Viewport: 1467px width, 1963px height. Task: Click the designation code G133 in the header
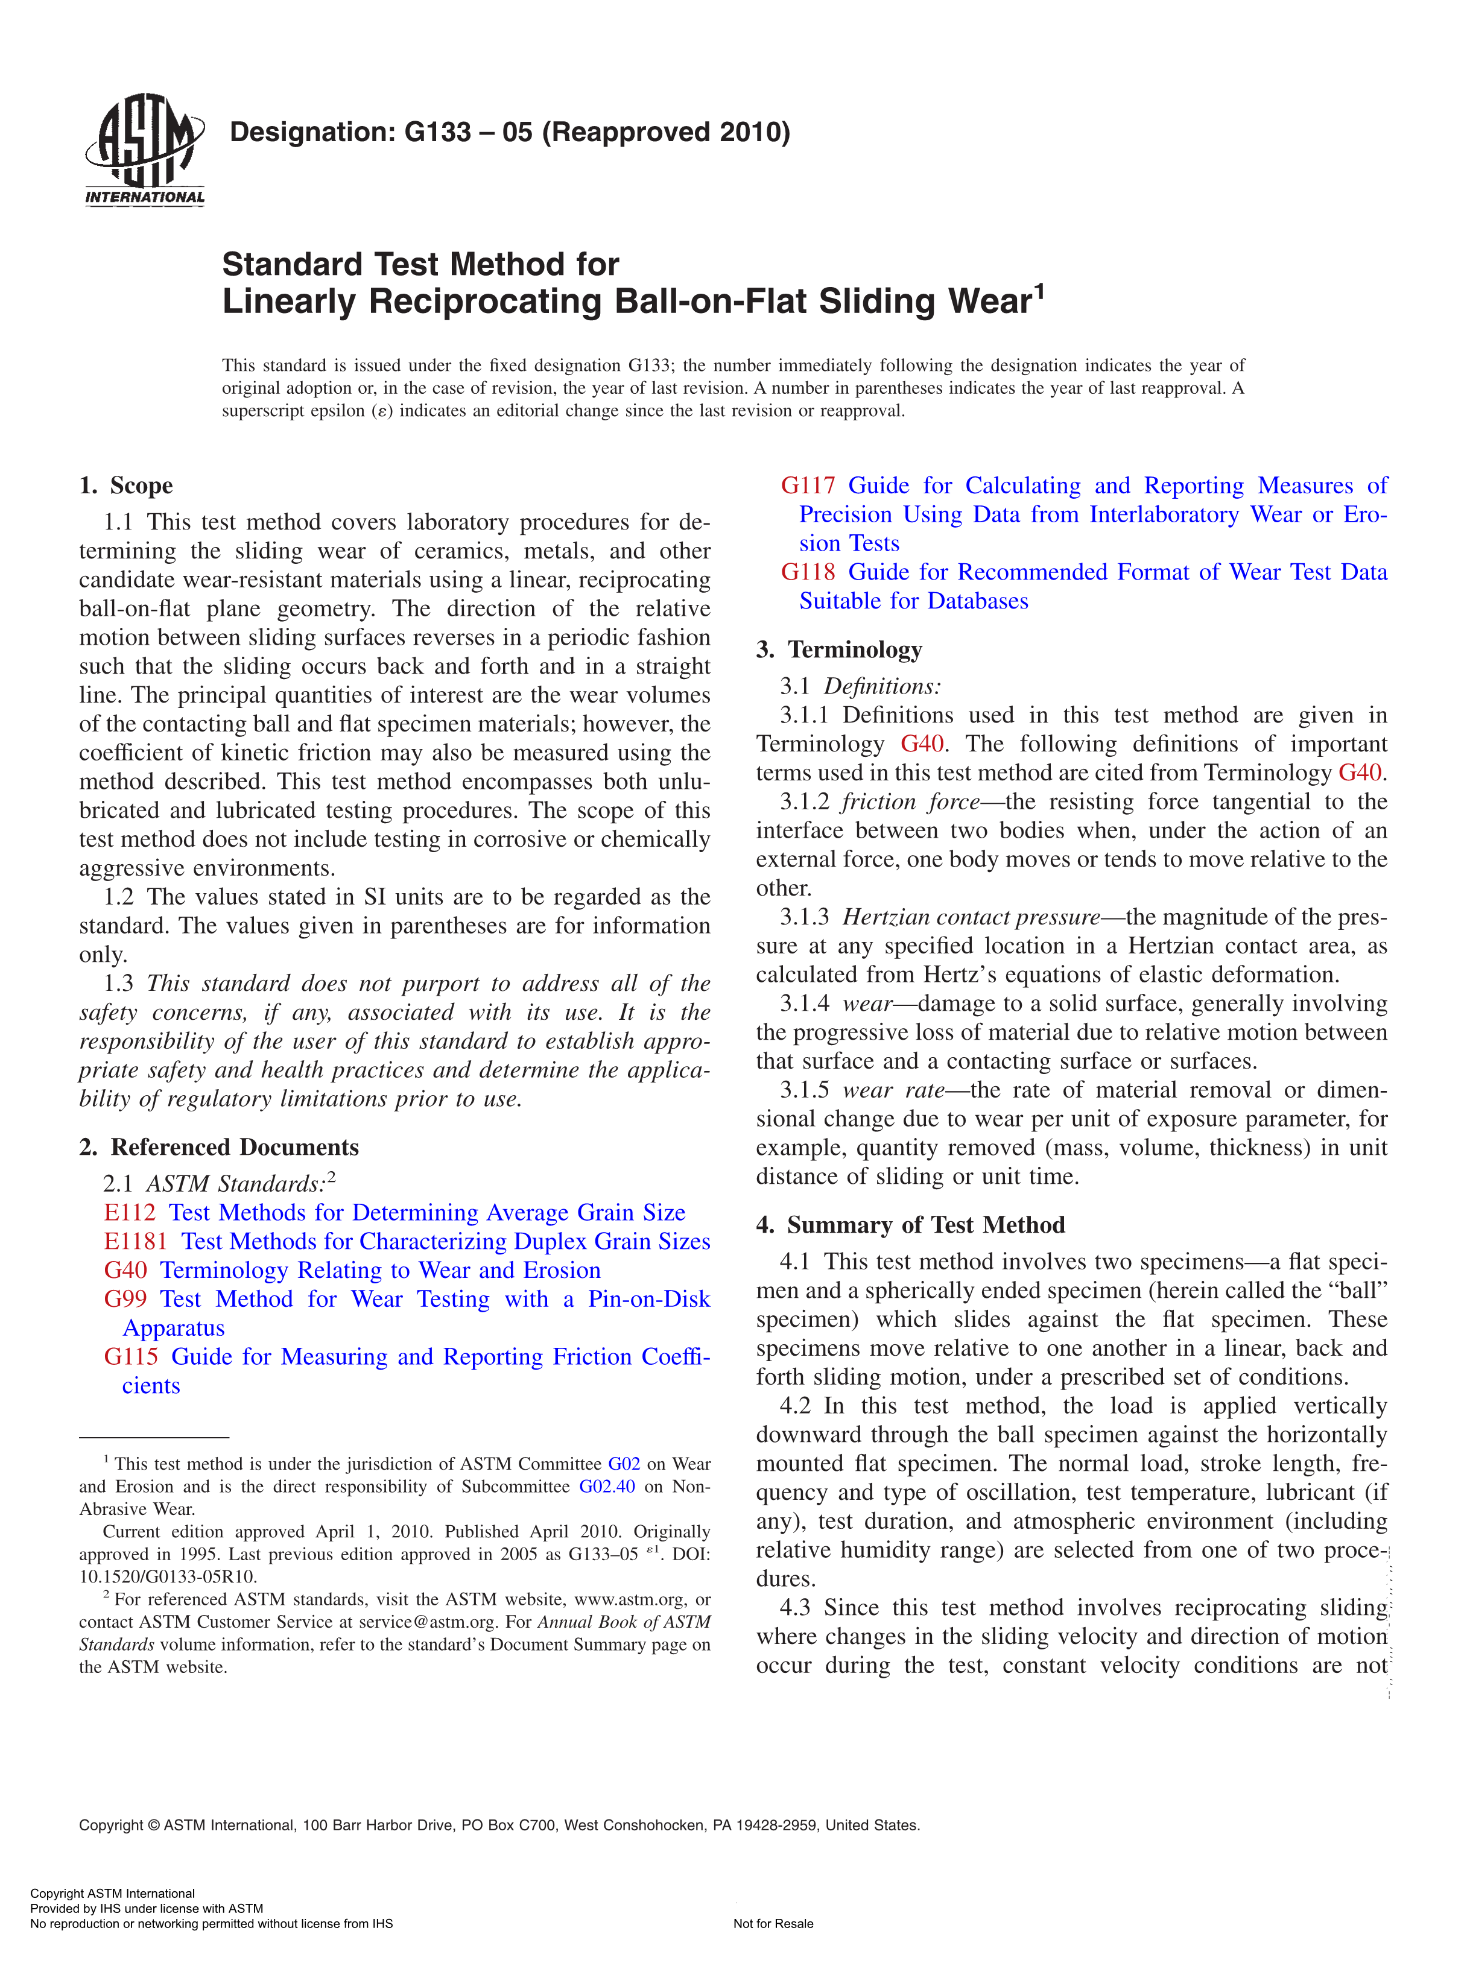(x=437, y=132)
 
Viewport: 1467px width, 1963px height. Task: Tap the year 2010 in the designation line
(x=750, y=132)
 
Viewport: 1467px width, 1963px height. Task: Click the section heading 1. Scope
(x=126, y=485)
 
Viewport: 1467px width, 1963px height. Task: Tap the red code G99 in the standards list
(x=125, y=1298)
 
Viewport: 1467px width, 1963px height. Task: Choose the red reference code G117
(x=808, y=485)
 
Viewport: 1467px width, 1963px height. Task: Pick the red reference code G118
(x=808, y=572)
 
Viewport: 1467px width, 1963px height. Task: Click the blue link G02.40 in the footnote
(x=607, y=1487)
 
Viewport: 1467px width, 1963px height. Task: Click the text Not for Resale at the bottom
(x=773, y=1924)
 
